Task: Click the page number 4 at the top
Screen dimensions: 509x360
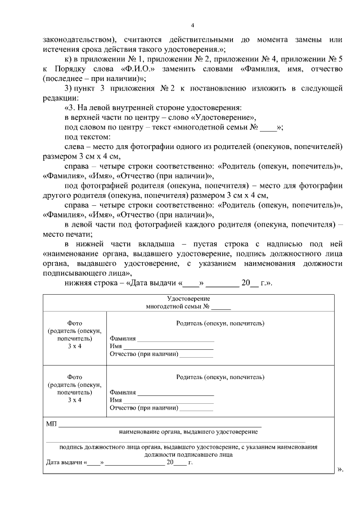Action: pyautogui.click(x=192, y=25)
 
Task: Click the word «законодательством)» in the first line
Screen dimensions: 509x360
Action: pyautogui.click(x=79, y=40)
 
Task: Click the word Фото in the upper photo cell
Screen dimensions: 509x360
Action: pyautogui.click(x=75, y=324)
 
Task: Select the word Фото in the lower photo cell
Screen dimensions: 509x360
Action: pyautogui.click(x=75, y=377)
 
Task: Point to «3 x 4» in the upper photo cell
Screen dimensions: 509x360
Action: pyautogui.click(x=75, y=346)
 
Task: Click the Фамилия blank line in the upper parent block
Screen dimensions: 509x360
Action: pyautogui.click(x=175, y=339)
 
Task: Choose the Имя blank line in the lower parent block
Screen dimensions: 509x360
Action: pyautogui.click(x=168, y=400)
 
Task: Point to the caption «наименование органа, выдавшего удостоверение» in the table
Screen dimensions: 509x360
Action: pyautogui.click(x=188, y=432)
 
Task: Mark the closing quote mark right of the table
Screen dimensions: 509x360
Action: pyautogui.click(x=340, y=469)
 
